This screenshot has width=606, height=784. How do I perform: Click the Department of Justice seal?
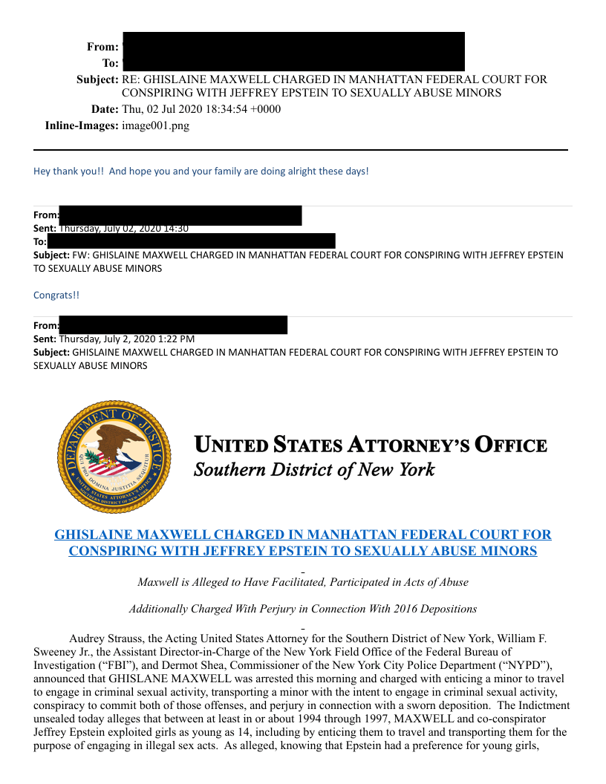114,455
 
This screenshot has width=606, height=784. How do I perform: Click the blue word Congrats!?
56,295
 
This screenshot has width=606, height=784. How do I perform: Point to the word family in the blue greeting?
227,171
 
